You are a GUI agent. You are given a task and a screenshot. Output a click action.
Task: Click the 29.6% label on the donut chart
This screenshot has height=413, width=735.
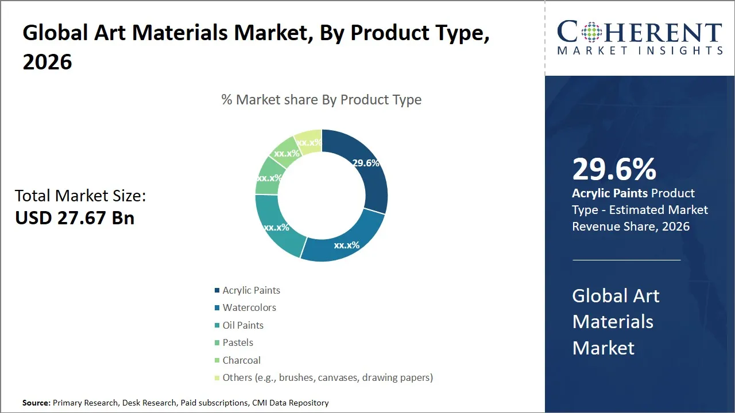366,163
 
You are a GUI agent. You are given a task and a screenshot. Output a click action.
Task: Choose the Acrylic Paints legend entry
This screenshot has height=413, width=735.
251,290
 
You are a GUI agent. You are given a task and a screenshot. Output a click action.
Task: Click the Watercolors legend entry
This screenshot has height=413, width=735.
249,307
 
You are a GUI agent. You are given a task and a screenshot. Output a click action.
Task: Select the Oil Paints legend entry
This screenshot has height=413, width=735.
243,325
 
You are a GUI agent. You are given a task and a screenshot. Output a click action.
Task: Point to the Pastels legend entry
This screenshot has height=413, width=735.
238,342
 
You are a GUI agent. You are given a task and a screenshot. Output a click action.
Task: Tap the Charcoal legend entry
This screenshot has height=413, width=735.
241,360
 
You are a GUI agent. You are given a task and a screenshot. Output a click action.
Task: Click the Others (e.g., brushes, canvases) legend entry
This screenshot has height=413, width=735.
327,377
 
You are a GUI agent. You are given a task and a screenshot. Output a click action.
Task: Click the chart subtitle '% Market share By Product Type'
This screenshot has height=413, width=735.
322,100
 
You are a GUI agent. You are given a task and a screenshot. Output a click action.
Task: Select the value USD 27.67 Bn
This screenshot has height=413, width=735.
75,218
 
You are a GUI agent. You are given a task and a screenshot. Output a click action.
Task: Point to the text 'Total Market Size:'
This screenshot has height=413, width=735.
80,196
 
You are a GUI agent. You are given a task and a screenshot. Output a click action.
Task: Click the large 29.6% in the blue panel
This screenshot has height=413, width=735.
614,170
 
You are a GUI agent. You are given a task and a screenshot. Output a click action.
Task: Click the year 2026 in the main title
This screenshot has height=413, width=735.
47,62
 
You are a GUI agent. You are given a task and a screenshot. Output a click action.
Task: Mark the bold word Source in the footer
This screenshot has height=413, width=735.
36,403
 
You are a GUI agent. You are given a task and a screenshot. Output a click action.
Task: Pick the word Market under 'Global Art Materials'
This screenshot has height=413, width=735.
603,348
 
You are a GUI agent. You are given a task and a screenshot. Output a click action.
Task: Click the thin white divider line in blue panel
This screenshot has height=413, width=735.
626,260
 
